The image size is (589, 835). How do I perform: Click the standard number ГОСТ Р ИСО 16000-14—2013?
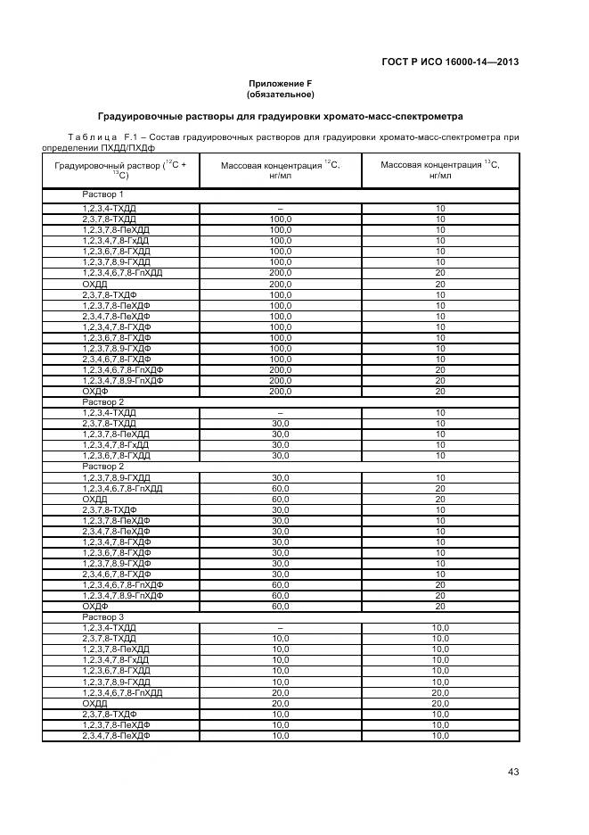point(450,62)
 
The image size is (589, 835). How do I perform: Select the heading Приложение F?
point(280,83)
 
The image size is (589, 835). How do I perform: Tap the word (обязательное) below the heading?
point(280,94)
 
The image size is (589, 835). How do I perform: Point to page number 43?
point(512,772)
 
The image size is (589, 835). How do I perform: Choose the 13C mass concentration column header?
point(440,169)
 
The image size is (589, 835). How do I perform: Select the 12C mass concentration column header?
point(280,169)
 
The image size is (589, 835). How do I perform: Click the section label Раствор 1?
point(103,194)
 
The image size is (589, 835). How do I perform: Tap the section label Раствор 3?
point(103,616)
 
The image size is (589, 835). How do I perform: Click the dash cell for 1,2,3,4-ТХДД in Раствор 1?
point(280,208)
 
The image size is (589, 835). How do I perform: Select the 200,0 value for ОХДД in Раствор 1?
point(280,284)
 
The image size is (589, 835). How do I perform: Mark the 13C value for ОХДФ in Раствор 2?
point(440,606)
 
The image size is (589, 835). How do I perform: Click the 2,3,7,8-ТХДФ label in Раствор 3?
point(110,714)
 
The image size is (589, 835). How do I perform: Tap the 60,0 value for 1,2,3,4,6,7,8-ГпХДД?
point(280,488)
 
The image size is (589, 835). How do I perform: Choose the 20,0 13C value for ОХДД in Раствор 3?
point(440,703)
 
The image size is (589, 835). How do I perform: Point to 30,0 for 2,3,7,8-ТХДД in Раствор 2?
point(280,423)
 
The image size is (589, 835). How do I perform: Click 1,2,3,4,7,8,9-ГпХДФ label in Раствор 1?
point(123,380)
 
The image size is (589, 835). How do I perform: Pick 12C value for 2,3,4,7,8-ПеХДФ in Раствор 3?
point(280,736)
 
